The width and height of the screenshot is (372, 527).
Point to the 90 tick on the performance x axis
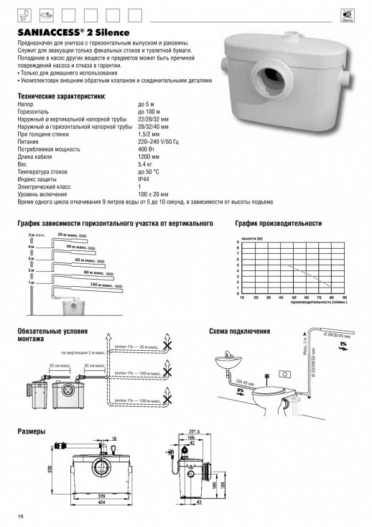click(345, 297)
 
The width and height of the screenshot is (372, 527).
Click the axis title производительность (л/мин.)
click(319, 303)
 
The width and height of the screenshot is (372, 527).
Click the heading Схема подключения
click(239, 332)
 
